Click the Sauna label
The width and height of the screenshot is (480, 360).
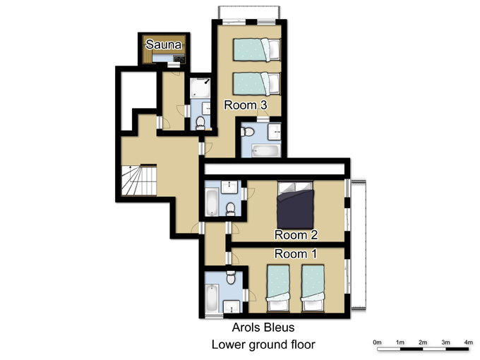coord(164,44)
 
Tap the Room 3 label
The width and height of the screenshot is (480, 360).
coord(246,105)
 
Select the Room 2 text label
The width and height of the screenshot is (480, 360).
coord(296,235)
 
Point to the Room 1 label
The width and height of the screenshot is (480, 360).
coord(295,254)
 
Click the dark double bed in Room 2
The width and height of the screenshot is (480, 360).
coord(295,205)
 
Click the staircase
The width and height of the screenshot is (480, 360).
coord(139,180)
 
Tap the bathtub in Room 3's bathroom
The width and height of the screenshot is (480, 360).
coord(265,150)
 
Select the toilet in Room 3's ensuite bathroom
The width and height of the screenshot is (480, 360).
coord(248,132)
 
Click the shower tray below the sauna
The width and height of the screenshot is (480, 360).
coord(200,88)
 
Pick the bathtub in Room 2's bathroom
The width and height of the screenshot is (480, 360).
coord(212,203)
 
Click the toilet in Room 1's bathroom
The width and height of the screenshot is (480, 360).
coord(231,277)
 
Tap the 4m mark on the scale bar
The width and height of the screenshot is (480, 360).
coord(469,342)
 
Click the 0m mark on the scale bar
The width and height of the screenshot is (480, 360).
coord(377,342)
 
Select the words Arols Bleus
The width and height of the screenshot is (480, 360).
coord(263,328)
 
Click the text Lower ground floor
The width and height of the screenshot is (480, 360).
coord(263,344)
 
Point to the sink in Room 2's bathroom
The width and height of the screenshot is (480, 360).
coord(229,187)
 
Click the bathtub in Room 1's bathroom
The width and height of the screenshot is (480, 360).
coord(212,298)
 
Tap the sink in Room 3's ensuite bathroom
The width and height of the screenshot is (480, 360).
coord(275,132)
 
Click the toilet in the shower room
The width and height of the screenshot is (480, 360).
coord(200,123)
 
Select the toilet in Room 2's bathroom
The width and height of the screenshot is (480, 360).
coord(230,210)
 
